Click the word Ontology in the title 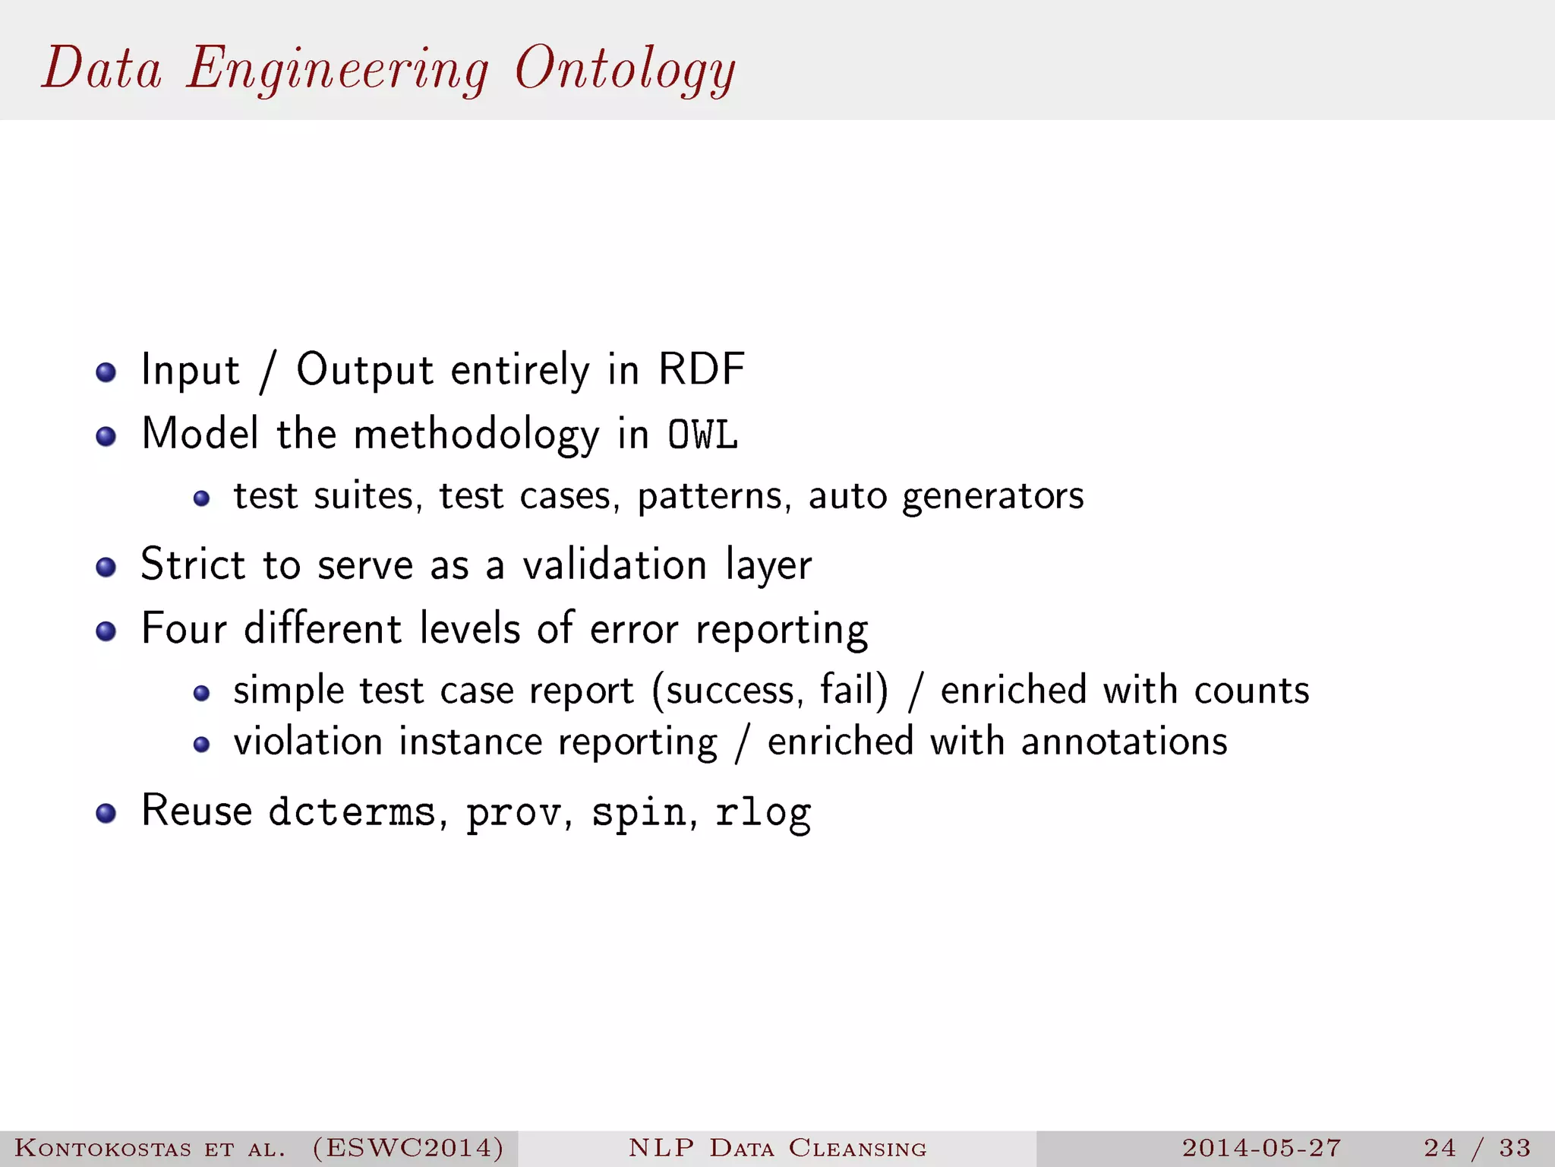point(624,70)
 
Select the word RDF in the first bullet point(701,370)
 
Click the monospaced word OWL point(702,435)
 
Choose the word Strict point(193,565)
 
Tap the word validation point(615,565)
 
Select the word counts point(1251,691)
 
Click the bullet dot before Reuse point(106,814)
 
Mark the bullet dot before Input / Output point(106,372)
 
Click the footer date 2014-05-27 point(1261,1147)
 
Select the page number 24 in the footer point(1440,1147)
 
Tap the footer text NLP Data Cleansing point(777,1147)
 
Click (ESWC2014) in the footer point(408,1147)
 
